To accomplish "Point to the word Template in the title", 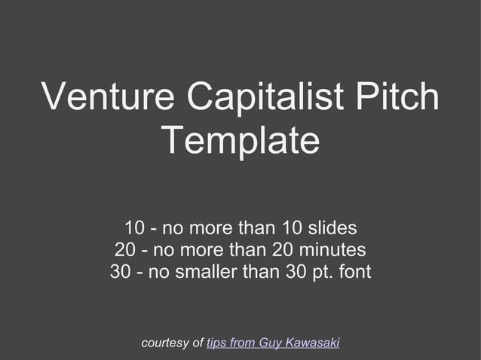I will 240,141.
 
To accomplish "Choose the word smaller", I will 205,271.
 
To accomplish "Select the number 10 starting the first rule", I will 135,227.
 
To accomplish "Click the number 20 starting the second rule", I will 125,249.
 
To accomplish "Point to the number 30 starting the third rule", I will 121,271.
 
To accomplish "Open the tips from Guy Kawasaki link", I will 272,343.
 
